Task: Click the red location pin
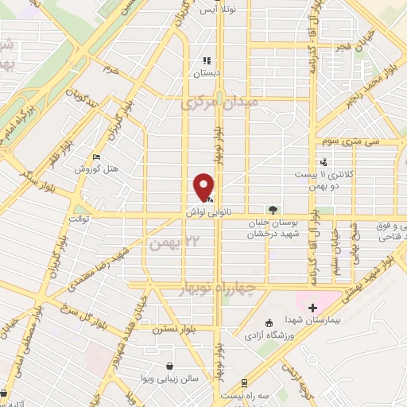[205, 187]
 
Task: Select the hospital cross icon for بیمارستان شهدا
[312, 308]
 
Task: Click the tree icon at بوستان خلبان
[273, 210]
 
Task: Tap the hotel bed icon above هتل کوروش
[96, 157]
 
